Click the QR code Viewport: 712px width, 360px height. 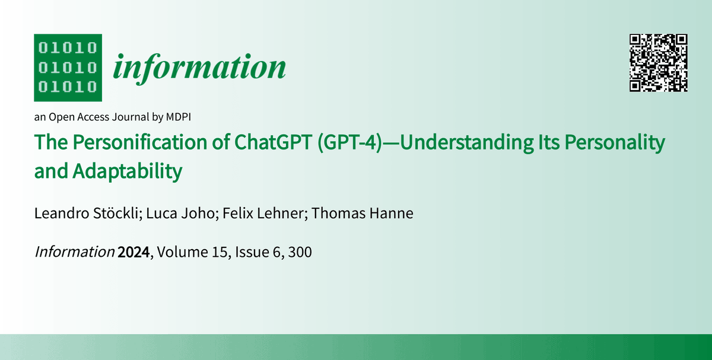[x=658, y=63]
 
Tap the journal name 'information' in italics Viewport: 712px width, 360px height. [x=199, y=67]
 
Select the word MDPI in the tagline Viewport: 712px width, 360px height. [x=177, y=117]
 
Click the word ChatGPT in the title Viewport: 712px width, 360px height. [x=268, y=143]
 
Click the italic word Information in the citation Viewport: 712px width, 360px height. [x=75, y=253]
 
